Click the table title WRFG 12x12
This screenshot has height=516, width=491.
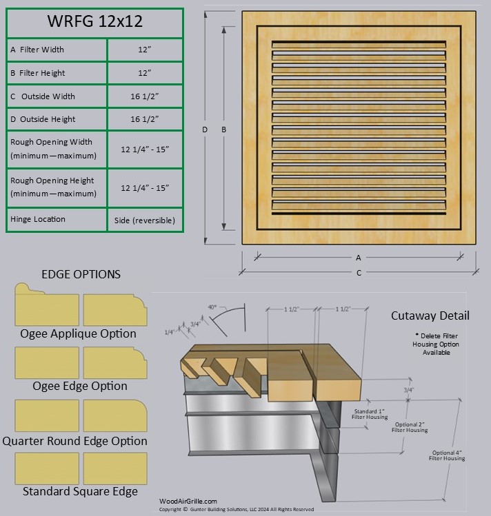(x=94, y=21)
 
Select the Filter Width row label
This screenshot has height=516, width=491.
(x=37, y=50)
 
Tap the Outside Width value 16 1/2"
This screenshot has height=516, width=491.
(x=145, y=96)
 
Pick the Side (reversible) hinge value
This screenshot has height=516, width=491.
(x=145, y=220)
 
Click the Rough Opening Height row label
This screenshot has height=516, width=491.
(x=52, y=187)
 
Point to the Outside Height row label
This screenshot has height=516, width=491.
(x=43, y=119)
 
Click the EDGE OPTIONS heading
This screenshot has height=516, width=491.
(x=81, y=274)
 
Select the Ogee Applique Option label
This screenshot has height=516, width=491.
(x=79, y=333)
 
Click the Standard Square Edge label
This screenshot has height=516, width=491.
(x=80, y=491)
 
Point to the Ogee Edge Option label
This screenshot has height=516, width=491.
(x=80, y=386)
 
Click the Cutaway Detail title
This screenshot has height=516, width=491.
(x=430, y=316)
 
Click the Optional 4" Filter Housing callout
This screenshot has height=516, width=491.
(x=447, y=455)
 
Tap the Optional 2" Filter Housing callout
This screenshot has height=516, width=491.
(x=409, y=427)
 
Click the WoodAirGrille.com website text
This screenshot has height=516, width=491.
(x=188, y=502)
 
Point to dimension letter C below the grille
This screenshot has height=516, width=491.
(x=359, y=273)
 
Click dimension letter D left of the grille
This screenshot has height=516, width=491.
(x=205, y=129)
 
